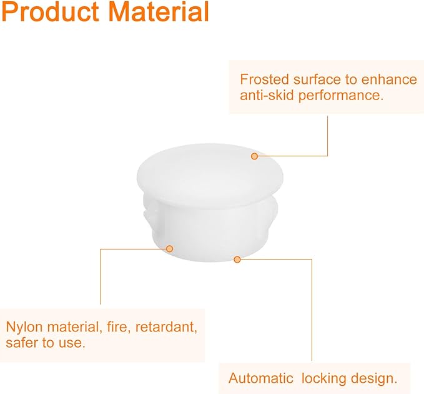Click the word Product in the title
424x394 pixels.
tap(51, 12)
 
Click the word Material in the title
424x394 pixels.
tap(159, 11)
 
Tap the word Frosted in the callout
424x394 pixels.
tap(265, 79)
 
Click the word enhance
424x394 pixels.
tap(389, 79)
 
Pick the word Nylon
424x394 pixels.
tap(24, 328)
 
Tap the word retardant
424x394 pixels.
tap(166, 327)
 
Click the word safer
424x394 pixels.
tap(22, 343)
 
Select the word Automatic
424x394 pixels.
tap(260, 378)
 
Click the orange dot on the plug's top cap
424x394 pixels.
tap(254, 156)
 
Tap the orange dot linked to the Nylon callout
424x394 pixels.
tap(170, 248)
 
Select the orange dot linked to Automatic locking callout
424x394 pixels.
tap(237, 260)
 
